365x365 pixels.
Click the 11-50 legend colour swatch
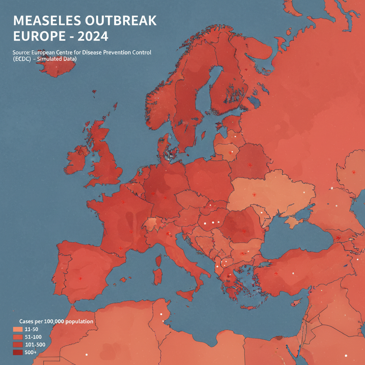(17, 329)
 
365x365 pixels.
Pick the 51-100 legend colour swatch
(17, 337)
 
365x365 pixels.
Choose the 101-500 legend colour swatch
(17, 345)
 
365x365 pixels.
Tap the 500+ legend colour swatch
(17, 352)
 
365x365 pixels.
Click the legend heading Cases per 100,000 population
(56, 322)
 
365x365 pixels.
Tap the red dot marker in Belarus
(250, 165)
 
